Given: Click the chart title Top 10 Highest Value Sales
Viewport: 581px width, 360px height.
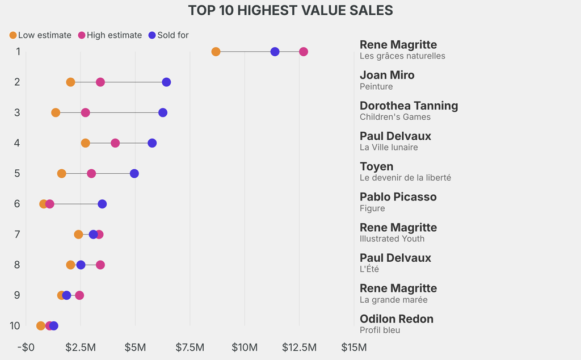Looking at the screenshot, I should pyautogui.click(x=290, y=10).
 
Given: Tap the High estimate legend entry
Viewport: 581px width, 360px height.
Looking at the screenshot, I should pyautogui.click(x=110, y=35).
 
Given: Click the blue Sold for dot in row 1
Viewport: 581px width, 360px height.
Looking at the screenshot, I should pyautogui.click(x=275, y=52).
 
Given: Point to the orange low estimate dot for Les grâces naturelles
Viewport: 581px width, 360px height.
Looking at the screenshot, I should pyautogui.click(x=216, y=52).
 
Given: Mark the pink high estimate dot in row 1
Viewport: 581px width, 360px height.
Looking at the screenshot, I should pyautogui.click(x=304, y=52).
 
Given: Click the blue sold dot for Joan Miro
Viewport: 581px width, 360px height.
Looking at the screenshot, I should pyautogui.click(x=166, y=82).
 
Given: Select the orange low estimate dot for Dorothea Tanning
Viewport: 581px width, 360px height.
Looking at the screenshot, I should pyautogui.click(x=56, y=112).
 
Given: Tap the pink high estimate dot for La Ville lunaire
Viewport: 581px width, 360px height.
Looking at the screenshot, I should pyautogui.click(x=115, y=143).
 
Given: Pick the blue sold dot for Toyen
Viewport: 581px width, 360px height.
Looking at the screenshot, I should pyautogui.click(x=134, y=173).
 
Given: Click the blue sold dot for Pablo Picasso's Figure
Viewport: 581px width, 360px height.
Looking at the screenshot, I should pyautogui.click(x=102, y=204).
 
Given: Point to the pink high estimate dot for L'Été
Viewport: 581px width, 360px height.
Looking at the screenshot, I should pyautogui.click(x=100, y=265).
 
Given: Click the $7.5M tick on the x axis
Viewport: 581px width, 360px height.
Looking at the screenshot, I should pyautogui.click(x=190, y=347).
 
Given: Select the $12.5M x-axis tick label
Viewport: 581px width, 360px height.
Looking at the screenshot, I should pyautogui.click(x=299, y=347).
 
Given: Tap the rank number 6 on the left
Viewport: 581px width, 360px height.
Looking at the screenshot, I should pyautogui.click(x=17, y=204).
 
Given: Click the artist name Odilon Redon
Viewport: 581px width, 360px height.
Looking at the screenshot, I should pyautogui.click(x=396, y=319).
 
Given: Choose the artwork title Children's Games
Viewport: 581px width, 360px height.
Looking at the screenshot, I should pyautogui.click(x=395, y=117).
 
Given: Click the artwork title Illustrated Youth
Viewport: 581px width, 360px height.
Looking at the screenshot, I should pyautogui.click(x=392, y=238).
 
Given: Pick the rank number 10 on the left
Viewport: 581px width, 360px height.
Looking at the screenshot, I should pyautogui.click(x=15, y=325).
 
